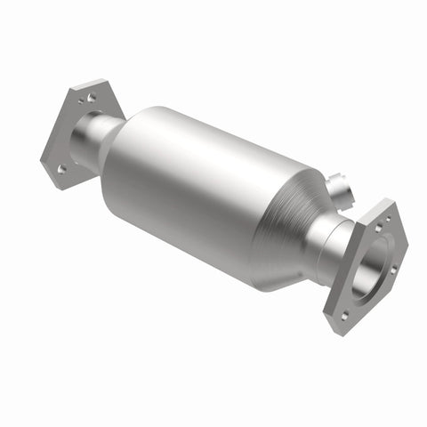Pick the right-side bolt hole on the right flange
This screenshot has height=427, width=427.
click(393, 269)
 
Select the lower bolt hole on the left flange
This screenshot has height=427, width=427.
click(61, 167)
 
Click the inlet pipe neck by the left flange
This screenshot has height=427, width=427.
click(93, 142)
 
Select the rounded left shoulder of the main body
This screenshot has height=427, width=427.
click(120, 160)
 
